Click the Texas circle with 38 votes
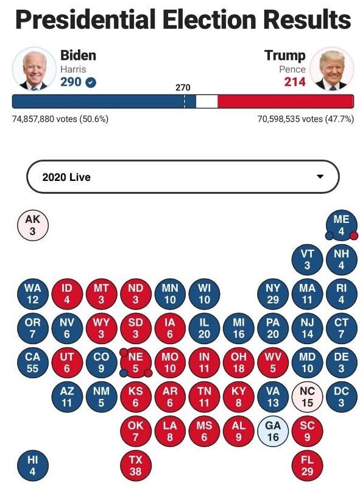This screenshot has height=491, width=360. click(x=136, y=465)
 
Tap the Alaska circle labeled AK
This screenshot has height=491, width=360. click(x=33, y=225)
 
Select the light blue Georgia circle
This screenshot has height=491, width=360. click(x=273, y=431)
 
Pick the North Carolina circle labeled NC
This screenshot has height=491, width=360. click(x=307, y=397)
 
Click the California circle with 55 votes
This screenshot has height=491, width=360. click(x=33, y=362)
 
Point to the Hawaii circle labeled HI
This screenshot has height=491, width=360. click(x=33, y=465)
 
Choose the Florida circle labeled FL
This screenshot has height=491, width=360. click(x=307, y=465)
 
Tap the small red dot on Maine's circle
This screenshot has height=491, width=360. click(x=354, y=236)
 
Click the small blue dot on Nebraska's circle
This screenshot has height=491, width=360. click(x=124, y=373)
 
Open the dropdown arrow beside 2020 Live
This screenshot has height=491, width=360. click(x=320, y=176)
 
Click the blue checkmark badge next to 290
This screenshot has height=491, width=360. click(x=91, y=82)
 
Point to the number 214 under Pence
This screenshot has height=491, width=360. click(x=295, y=82)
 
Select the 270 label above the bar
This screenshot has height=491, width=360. click(x=183, y=87)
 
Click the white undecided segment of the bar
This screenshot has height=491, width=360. click(x=207, y=102)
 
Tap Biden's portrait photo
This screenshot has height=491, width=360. click(x=35, y=69)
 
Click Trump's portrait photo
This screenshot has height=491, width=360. click(x=332, y=69)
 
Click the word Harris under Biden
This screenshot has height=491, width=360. click(x=73, y=69)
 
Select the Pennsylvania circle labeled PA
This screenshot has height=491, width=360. click(x=273, y=328)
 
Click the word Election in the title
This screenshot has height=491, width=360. click(x=210, y=19)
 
